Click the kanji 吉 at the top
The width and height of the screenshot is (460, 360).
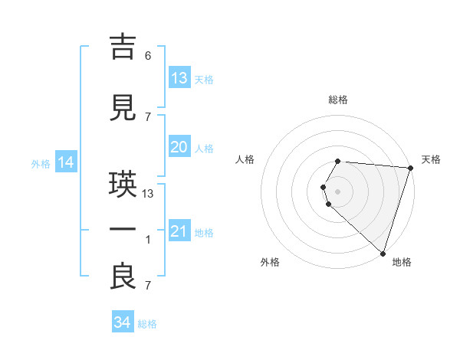coord(124,47)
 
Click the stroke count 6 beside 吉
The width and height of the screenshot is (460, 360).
coord(148,56)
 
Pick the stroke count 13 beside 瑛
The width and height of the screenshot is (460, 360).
coord(149,193)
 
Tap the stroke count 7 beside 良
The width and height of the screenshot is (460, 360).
coord(148,286)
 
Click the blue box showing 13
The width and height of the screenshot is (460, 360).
coord(179,78)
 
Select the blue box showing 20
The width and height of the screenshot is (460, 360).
coord(179,147)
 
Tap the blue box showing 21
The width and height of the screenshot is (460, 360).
coord(179,231)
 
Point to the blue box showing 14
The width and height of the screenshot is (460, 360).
coord(66,162)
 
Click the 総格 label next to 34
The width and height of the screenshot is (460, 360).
coord(147,324)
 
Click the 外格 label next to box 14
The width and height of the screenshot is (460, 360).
coord(41,164)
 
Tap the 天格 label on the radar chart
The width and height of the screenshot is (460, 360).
coord(431,159)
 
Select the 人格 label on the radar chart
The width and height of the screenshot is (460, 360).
coord(245,159)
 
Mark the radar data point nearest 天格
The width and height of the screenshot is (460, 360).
coord(411,168)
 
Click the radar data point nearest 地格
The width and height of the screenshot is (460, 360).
coord(383,253)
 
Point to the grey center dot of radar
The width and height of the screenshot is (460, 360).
coord(338,191)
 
